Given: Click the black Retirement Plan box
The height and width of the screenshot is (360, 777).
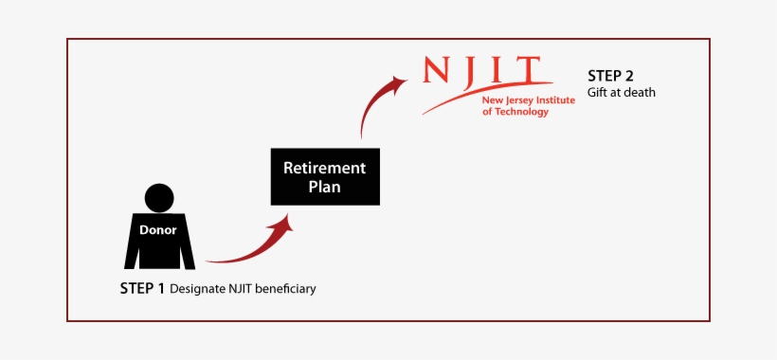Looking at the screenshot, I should click(325, 176).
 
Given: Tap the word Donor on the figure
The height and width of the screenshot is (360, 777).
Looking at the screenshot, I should click(158, 229).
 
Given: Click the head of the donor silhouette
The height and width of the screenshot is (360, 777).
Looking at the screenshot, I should click(158, 197).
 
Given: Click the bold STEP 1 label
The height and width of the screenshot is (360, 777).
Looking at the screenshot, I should click(142, 288).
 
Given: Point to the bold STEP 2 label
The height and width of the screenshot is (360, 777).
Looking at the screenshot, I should click(610, 76).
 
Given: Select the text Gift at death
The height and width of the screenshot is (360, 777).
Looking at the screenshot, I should click(621, 93).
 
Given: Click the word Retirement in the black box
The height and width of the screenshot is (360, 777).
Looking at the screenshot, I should click(325, 168).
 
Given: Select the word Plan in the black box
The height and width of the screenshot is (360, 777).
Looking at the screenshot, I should click(325, 187).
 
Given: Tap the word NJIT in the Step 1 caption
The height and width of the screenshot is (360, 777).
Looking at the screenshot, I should click(242, 288).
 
